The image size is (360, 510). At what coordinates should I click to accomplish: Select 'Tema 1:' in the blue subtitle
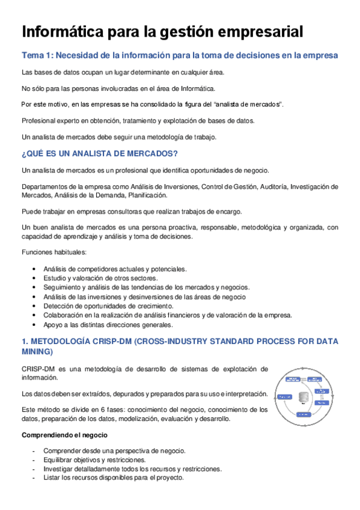(37, 57)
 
